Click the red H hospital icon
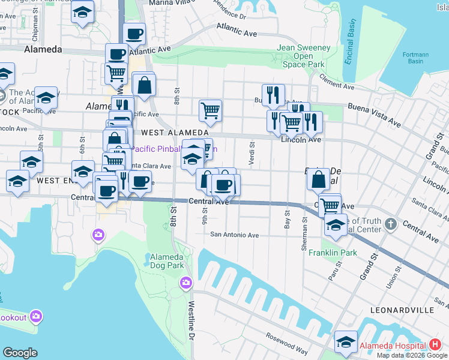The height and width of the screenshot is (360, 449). click(x=436, y=346)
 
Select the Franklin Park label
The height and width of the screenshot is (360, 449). click(x=333, y=253)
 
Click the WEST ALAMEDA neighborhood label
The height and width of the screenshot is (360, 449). click(x=173, y=133)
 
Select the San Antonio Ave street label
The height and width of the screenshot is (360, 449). click(x=234, y=235)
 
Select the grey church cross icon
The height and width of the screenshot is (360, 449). click(x=391, y=224)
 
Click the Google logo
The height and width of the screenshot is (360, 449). click(x=20, y=352)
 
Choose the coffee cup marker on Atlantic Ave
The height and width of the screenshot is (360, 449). click(x=134, y=34)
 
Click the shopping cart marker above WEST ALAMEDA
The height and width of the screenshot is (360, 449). click(x=210, y=110)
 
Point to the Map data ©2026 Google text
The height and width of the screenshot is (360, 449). click(x=412, y=355)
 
